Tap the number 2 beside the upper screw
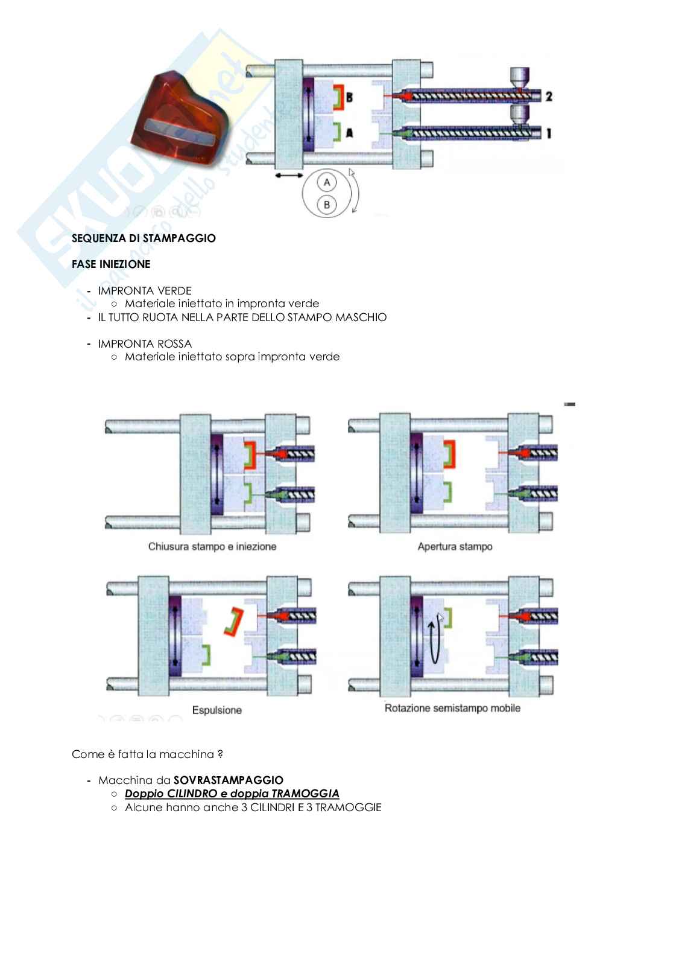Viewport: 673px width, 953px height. point(548,96)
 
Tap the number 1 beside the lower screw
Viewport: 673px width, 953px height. point(548,133)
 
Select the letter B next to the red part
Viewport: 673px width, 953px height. point(350,98)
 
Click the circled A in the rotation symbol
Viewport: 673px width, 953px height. point(327,182)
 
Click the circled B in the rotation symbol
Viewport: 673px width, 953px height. point(327,205)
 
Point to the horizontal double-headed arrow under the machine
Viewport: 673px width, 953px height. point(289,176)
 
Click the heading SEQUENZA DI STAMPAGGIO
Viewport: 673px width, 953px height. point(144,238)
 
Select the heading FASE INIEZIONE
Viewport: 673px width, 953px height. point(111,264)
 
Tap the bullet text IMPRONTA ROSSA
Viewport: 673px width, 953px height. point(145,344)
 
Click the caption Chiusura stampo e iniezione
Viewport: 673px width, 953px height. point(212,547)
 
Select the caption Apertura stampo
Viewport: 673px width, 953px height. point(455,547)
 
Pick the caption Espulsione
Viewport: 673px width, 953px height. point(217,710)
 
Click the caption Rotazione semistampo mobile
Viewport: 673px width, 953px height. point(452,708)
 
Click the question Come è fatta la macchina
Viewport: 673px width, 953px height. point(147,754)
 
